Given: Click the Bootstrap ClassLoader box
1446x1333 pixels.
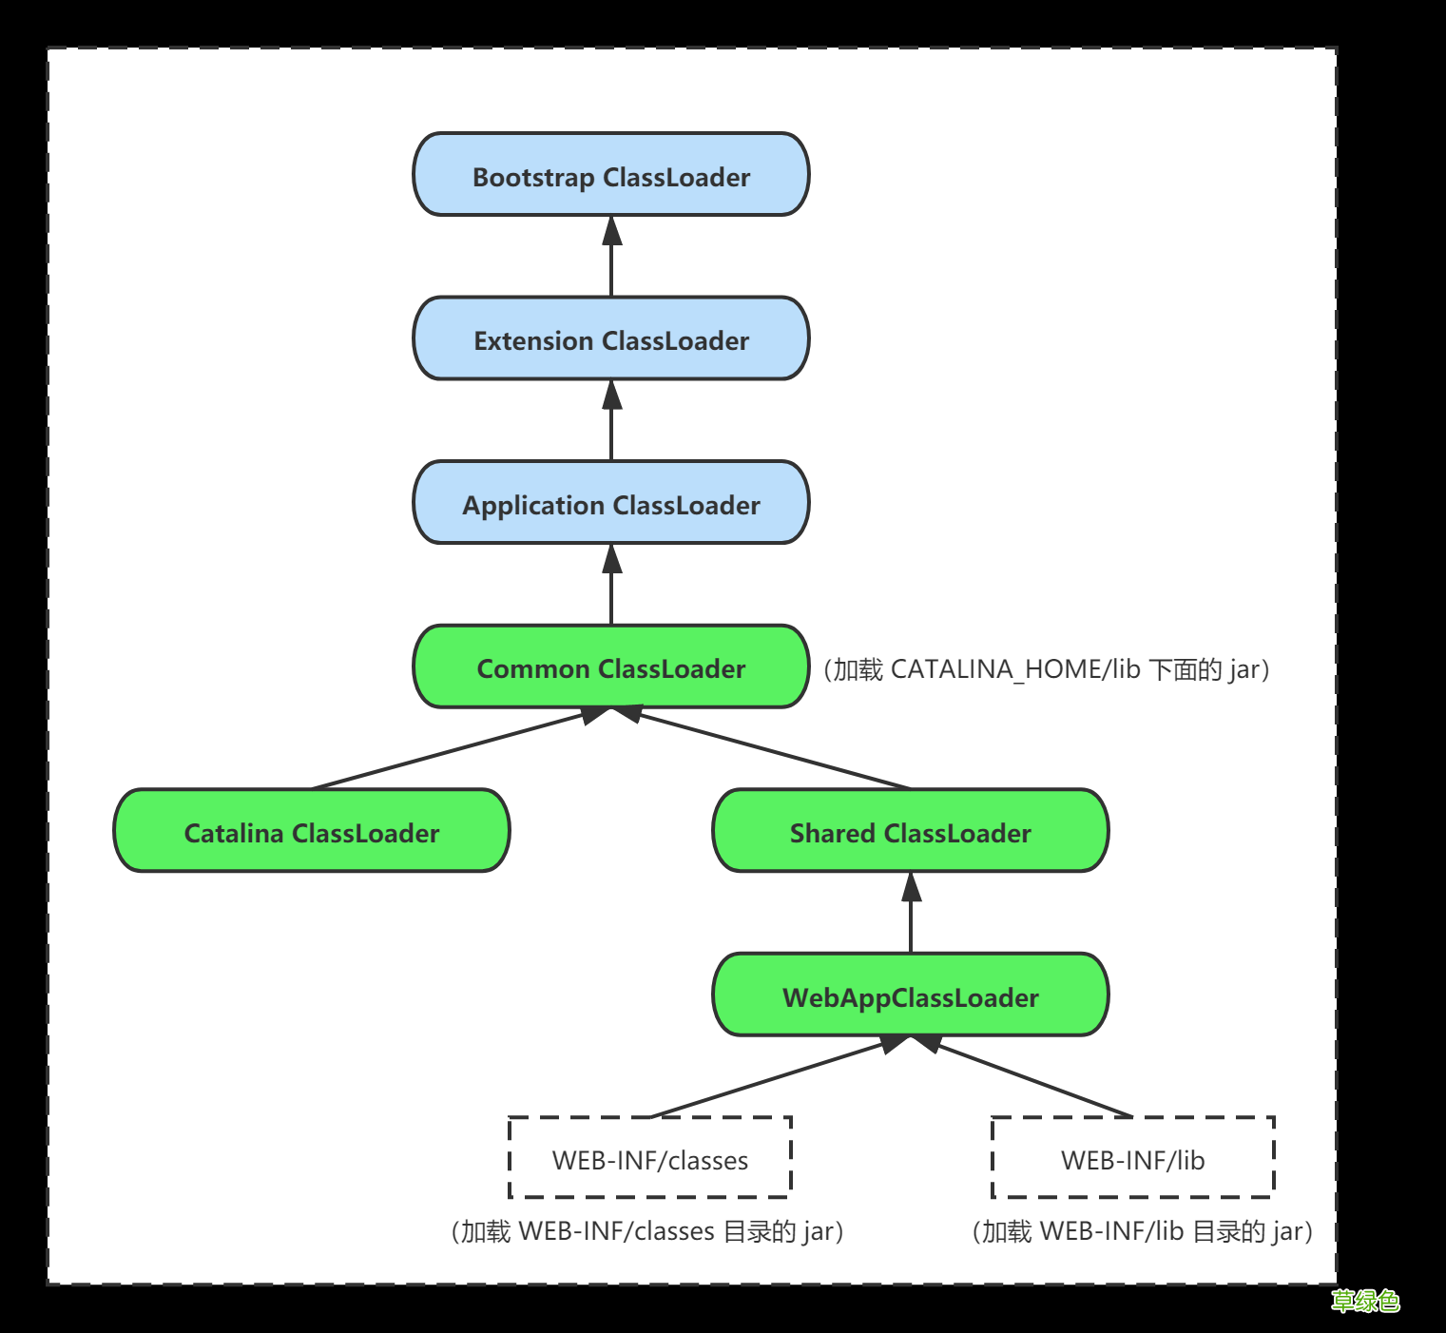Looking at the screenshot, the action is (611, 175).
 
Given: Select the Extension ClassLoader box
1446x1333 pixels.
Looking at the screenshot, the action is (611, 339).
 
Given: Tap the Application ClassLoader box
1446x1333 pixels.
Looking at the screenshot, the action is (611, 503).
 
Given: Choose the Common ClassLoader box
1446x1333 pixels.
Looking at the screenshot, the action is (611, 667).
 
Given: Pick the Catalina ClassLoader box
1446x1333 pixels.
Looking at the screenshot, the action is (312, 831).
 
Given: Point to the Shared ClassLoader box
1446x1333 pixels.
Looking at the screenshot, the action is (911, 831).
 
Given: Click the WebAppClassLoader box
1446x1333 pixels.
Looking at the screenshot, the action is (911, 995).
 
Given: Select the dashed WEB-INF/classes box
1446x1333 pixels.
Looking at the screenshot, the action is (650, 1158).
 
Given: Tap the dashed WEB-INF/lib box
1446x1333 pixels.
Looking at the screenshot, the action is (1132, 1158).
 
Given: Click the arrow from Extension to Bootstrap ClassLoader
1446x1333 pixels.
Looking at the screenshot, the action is (611, 257).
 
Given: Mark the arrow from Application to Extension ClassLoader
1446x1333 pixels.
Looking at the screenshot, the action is (611, 420).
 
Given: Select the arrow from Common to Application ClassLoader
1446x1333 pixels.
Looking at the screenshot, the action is (611, 585).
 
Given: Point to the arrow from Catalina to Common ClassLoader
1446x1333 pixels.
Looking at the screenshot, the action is (461, 748).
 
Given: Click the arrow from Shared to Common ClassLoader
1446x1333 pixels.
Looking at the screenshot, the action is (761, 748).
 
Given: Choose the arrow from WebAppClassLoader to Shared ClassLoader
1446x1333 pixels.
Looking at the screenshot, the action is (911, 913).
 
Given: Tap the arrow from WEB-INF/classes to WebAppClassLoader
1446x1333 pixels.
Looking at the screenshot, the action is (781, 1076).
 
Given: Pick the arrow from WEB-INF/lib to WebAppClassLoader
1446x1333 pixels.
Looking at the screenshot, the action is (1021, 1076).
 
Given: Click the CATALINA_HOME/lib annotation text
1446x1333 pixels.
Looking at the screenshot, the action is (1047, 669).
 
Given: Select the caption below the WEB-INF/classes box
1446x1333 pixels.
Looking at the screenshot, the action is (647, 1231).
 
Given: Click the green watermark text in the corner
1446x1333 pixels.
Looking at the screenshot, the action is (1365, 1301).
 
